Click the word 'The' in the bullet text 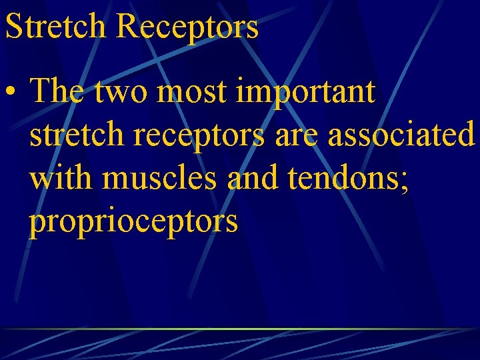coord(56,91)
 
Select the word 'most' coord(197,92)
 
